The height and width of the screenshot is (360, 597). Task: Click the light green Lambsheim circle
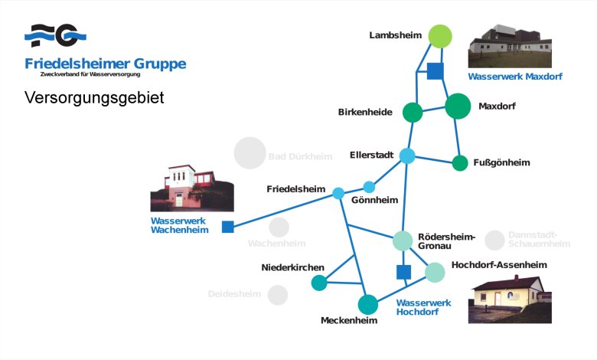440,36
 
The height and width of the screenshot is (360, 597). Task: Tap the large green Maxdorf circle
458,106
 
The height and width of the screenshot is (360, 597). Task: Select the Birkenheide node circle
413,113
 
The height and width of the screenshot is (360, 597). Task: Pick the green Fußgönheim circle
460,163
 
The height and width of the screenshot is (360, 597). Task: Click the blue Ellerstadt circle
407,156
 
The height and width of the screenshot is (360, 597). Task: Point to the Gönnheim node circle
369,187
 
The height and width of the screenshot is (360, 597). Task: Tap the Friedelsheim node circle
338,193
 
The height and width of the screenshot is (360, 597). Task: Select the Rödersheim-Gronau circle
403,241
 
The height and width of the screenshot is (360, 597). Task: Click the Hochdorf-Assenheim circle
435,272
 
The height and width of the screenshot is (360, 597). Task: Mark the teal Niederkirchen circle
319,283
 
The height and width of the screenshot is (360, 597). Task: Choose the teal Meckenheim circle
368,305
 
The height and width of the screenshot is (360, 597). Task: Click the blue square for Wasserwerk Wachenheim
227,227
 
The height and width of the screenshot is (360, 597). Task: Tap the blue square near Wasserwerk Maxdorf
435,71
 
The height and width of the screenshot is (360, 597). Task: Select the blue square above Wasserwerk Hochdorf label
403,272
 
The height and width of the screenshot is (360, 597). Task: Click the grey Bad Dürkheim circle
250,153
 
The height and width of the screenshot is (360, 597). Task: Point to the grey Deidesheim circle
278,295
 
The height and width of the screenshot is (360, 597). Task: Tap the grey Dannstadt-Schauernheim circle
495,240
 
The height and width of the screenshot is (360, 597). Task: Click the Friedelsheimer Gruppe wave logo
55,35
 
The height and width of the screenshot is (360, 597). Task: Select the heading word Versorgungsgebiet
94,98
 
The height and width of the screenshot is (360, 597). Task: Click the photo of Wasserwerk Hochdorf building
510,299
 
